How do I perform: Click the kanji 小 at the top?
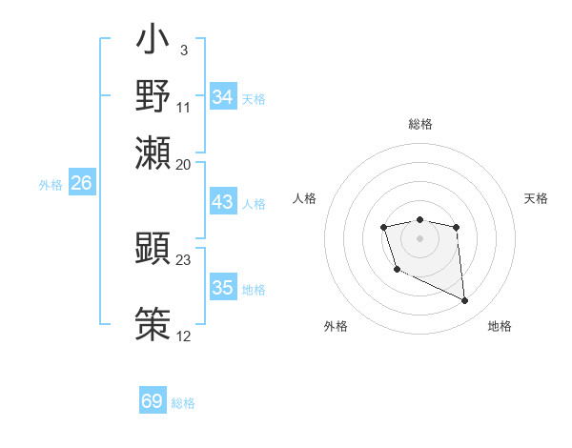153,44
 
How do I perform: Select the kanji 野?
153,95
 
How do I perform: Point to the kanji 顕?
153,248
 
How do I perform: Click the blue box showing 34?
222,97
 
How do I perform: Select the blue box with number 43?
222,202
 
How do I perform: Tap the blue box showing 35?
222,288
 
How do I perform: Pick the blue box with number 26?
81,183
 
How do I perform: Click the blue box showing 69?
152,401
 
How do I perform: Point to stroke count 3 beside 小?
183,50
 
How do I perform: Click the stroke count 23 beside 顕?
184,259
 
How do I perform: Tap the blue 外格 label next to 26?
50,185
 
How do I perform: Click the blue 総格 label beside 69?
183,403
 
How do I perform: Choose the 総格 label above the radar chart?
419,124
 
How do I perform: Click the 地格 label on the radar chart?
500,327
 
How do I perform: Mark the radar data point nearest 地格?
465,301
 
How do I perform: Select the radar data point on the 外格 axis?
397,270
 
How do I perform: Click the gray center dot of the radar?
419,237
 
